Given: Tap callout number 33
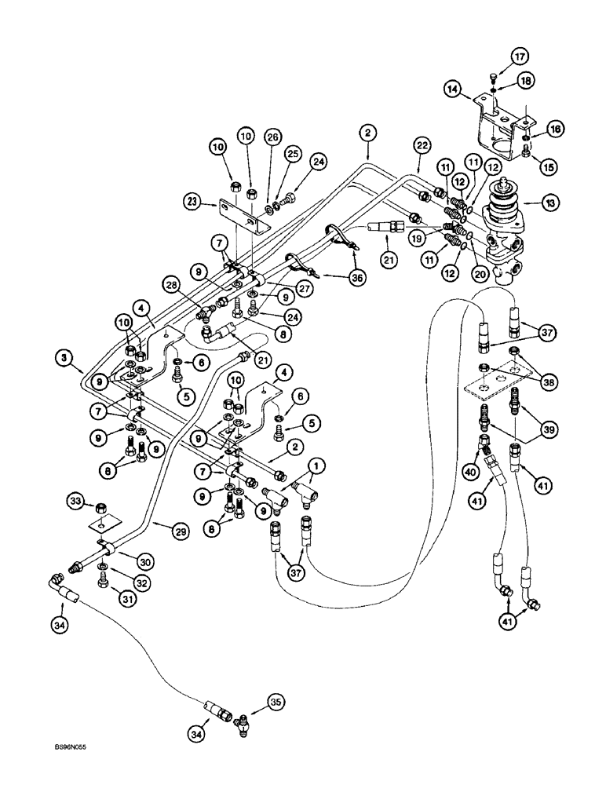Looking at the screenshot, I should tap(75, 499).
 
